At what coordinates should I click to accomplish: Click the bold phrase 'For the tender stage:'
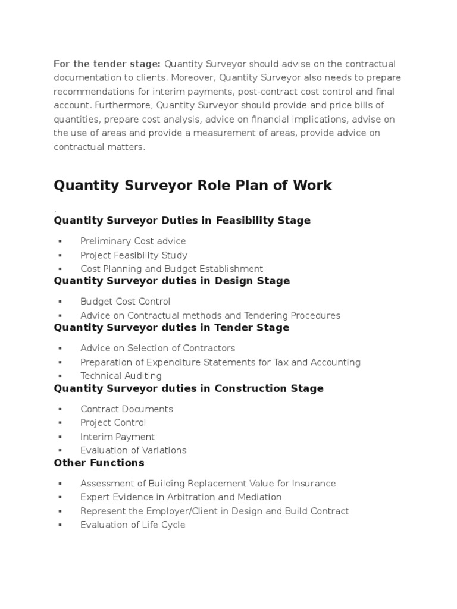(x=107, y=64)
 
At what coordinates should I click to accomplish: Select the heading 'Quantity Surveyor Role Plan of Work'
(x=193, y=186)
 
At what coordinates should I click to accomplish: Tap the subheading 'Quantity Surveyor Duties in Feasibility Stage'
(x=182, y=221)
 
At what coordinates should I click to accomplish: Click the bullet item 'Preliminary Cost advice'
(x=133, y=241)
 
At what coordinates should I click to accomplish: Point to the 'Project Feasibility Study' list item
(x=134, y=255)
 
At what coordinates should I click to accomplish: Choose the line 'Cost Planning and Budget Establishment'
(x=171, y=269)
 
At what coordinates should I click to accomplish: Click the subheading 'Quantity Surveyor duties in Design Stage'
(x=171, y=281)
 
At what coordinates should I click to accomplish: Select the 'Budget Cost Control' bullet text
(x=126, y=302)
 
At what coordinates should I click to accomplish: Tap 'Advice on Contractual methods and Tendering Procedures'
(x=210, y=316)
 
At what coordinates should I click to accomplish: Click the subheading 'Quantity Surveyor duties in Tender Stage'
(x=171, y=328)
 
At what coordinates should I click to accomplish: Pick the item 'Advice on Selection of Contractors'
(x=158, y=349)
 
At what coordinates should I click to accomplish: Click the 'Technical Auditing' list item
(x=121, y=376)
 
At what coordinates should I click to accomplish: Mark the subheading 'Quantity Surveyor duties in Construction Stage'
(x=189, y=388)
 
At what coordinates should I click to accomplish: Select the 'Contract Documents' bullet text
(x=127, y=409)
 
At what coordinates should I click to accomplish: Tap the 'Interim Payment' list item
(x=117, y=437)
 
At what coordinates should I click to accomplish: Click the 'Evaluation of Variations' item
(x=133, y=450)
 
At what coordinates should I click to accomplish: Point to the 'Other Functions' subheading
(x=99, y=463)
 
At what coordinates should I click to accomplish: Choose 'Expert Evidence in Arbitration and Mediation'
(x=181, y=497)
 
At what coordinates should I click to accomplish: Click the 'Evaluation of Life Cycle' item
(x=133, y=525)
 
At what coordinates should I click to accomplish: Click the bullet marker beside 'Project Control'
(x=60, y=423)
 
